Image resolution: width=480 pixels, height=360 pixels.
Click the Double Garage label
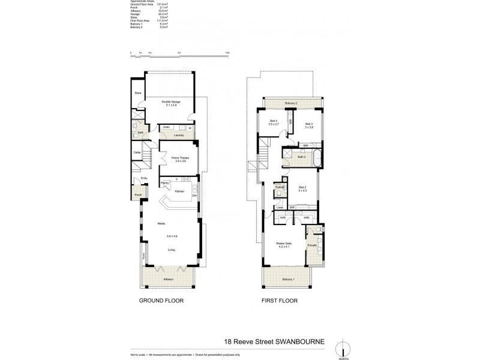point(171,102)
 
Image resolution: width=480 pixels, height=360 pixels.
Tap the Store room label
point(137,93)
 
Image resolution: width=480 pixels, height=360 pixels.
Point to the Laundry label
point(178,136)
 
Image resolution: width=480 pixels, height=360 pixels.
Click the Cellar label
point(137,153)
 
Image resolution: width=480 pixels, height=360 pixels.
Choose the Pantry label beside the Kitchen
point(164,183)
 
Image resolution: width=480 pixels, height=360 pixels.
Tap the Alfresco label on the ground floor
point(169,279)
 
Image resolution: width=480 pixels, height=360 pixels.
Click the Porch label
point(137,195)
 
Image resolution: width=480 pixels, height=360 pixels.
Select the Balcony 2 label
point(291,104)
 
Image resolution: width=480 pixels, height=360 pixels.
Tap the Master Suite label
point(284,244)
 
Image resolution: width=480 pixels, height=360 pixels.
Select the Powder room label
point(280,187)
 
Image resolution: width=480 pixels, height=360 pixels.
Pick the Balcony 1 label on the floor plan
point(289,280)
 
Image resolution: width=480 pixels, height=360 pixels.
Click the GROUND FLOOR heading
point(161,301)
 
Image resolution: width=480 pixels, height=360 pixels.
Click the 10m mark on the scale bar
point(227,53)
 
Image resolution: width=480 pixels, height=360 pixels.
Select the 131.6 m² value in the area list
point(161,4)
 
